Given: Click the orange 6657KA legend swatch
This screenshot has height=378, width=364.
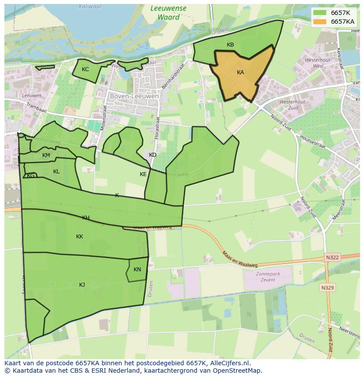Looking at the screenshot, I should click(321, 22).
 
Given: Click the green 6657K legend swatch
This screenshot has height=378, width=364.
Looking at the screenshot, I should click(321, 13).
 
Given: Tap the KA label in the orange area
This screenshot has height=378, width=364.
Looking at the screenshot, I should click(240, 72).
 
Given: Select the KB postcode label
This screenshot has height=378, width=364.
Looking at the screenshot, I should click(230, 45).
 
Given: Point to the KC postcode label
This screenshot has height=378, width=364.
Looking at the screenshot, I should click(85, 69).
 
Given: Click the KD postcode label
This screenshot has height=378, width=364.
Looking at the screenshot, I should click(153, 155).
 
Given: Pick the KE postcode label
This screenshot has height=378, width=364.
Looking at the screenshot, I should click(143, 174).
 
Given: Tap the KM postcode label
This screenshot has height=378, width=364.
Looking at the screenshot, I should click(46, 155).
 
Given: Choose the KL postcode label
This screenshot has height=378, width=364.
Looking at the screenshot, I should click(56, 172).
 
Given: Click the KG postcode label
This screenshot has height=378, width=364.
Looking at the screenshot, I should click(31, 176).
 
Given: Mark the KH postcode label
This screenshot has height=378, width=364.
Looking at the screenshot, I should click(86, 218).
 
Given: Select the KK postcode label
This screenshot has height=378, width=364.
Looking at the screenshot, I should click(80, 237).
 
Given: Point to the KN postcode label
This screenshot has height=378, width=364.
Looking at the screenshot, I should click(137, 270).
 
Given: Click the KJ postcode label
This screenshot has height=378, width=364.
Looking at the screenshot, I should click(82, 285).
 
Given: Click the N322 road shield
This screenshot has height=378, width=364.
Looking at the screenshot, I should click(333, 257).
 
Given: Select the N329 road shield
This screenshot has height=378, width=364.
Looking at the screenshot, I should click(327, 288).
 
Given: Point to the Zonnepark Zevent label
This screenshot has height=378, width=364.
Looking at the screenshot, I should click(268, 277).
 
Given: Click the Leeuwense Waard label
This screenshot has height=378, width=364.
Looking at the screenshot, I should click(168, 13).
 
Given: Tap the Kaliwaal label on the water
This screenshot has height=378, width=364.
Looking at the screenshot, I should click(90, 7).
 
